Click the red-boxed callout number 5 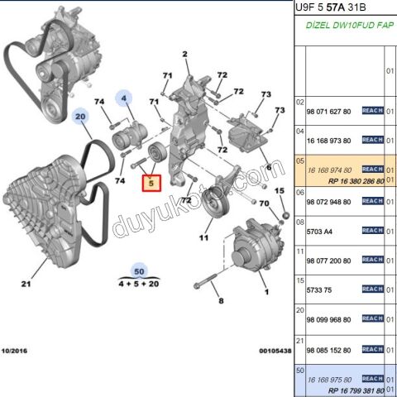(x=151, y=184)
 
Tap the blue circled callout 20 (x=81, y=118)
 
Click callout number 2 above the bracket (x=185, y=55)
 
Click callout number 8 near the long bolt (x=221, y=301)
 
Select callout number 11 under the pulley (x=201, y=238)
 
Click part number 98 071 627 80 (x=328, y=111)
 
